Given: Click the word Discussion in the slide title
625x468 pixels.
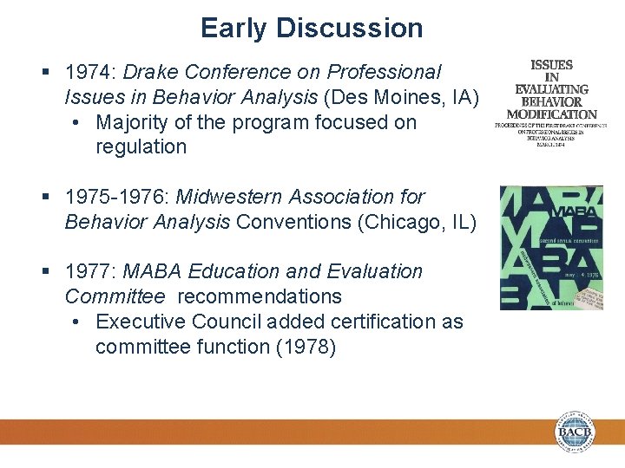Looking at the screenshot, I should [x=349, y=28].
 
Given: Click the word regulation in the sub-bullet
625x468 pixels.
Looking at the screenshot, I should [x=141, y=147].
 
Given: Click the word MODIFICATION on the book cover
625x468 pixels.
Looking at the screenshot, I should [x=551, y=114].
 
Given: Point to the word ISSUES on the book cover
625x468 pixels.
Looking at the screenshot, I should [x=551, y=65].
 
